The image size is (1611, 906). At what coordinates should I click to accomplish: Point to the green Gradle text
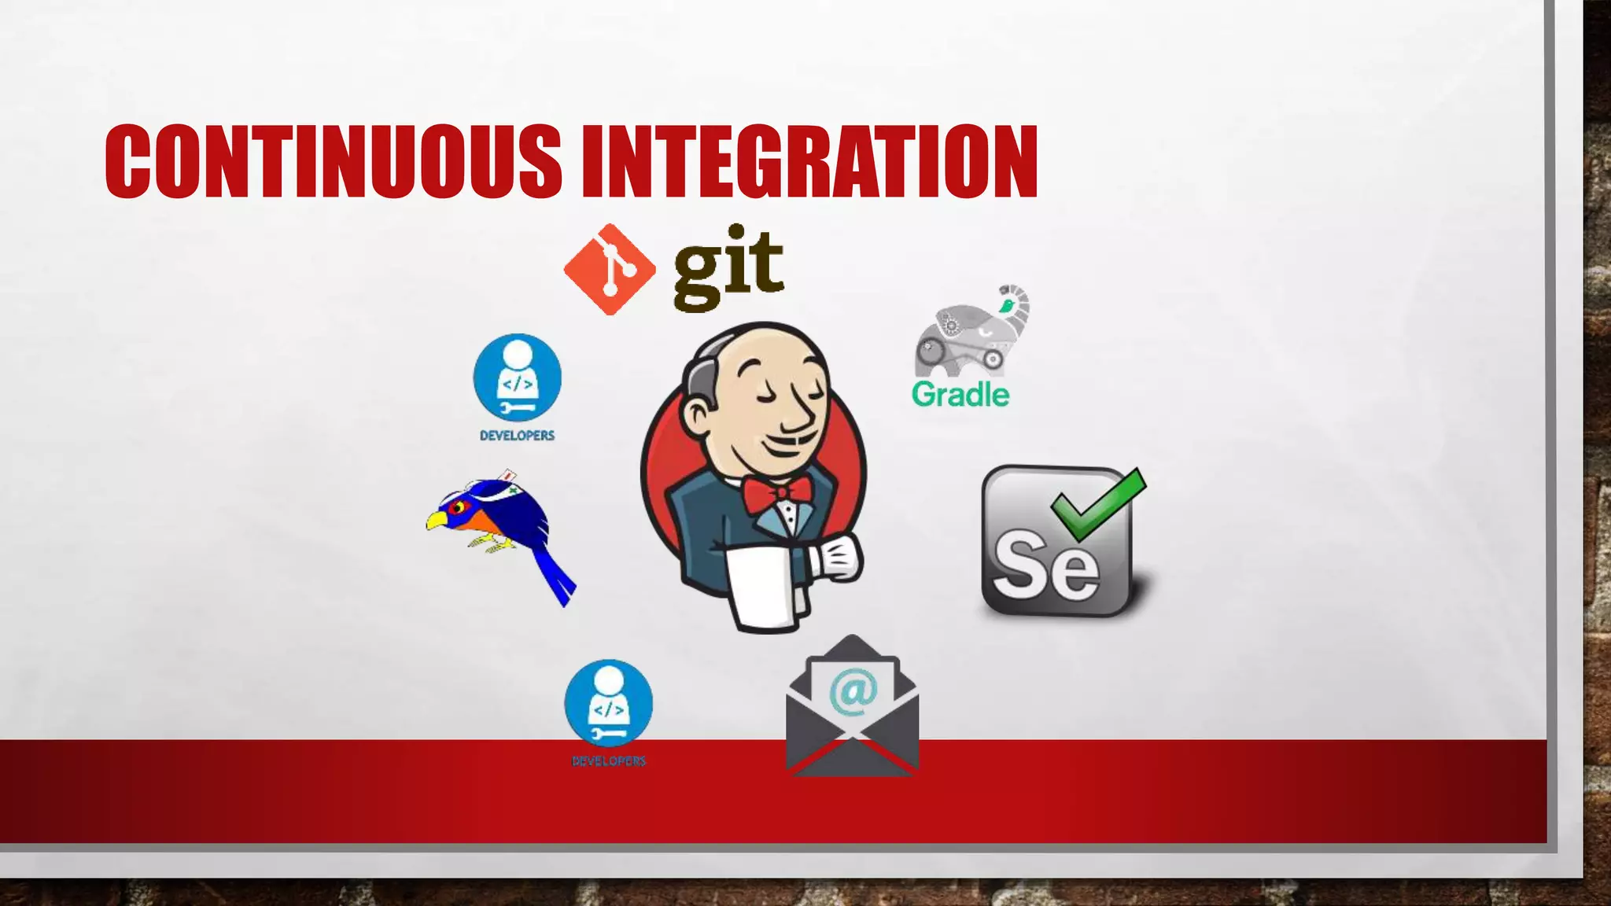point(960,395)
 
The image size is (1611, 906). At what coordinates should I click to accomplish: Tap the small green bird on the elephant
point(1006,304)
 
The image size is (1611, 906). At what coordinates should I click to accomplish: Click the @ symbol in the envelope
point(853,691)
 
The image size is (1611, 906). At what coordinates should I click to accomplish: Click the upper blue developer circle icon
point(518,377)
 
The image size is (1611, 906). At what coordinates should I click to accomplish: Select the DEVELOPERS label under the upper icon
point(518,436)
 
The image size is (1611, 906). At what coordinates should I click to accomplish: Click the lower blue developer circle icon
point(609,703)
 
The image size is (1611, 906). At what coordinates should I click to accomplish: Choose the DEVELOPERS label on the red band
point(609,761)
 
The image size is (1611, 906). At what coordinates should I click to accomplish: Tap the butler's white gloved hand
point(839,558)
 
